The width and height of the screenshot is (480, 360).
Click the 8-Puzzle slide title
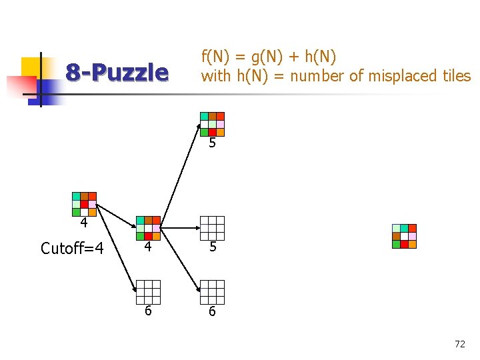(x=117, y=72)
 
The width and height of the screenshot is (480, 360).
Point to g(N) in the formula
(x=267, y=56)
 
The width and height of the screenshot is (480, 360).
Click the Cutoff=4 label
(x=72, y=249)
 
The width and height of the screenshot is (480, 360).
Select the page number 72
(x=459, y=344)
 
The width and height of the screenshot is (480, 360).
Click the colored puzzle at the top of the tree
(x=212, y=124)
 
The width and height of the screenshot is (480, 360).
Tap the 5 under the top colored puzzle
(x=212, y=143)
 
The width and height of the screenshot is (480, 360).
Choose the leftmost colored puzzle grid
(x=84, y=204)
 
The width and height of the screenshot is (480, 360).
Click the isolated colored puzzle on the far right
(x=404, y=236)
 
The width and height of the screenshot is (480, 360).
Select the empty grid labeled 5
(x=212, y=228)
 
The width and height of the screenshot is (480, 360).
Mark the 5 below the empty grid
(x=212, y=247)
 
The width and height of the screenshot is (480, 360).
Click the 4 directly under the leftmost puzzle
(x=84, y=223)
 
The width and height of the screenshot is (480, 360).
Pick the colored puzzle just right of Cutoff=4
(x=148, y=228)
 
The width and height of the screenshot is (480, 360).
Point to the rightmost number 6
(x=212, y=311)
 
